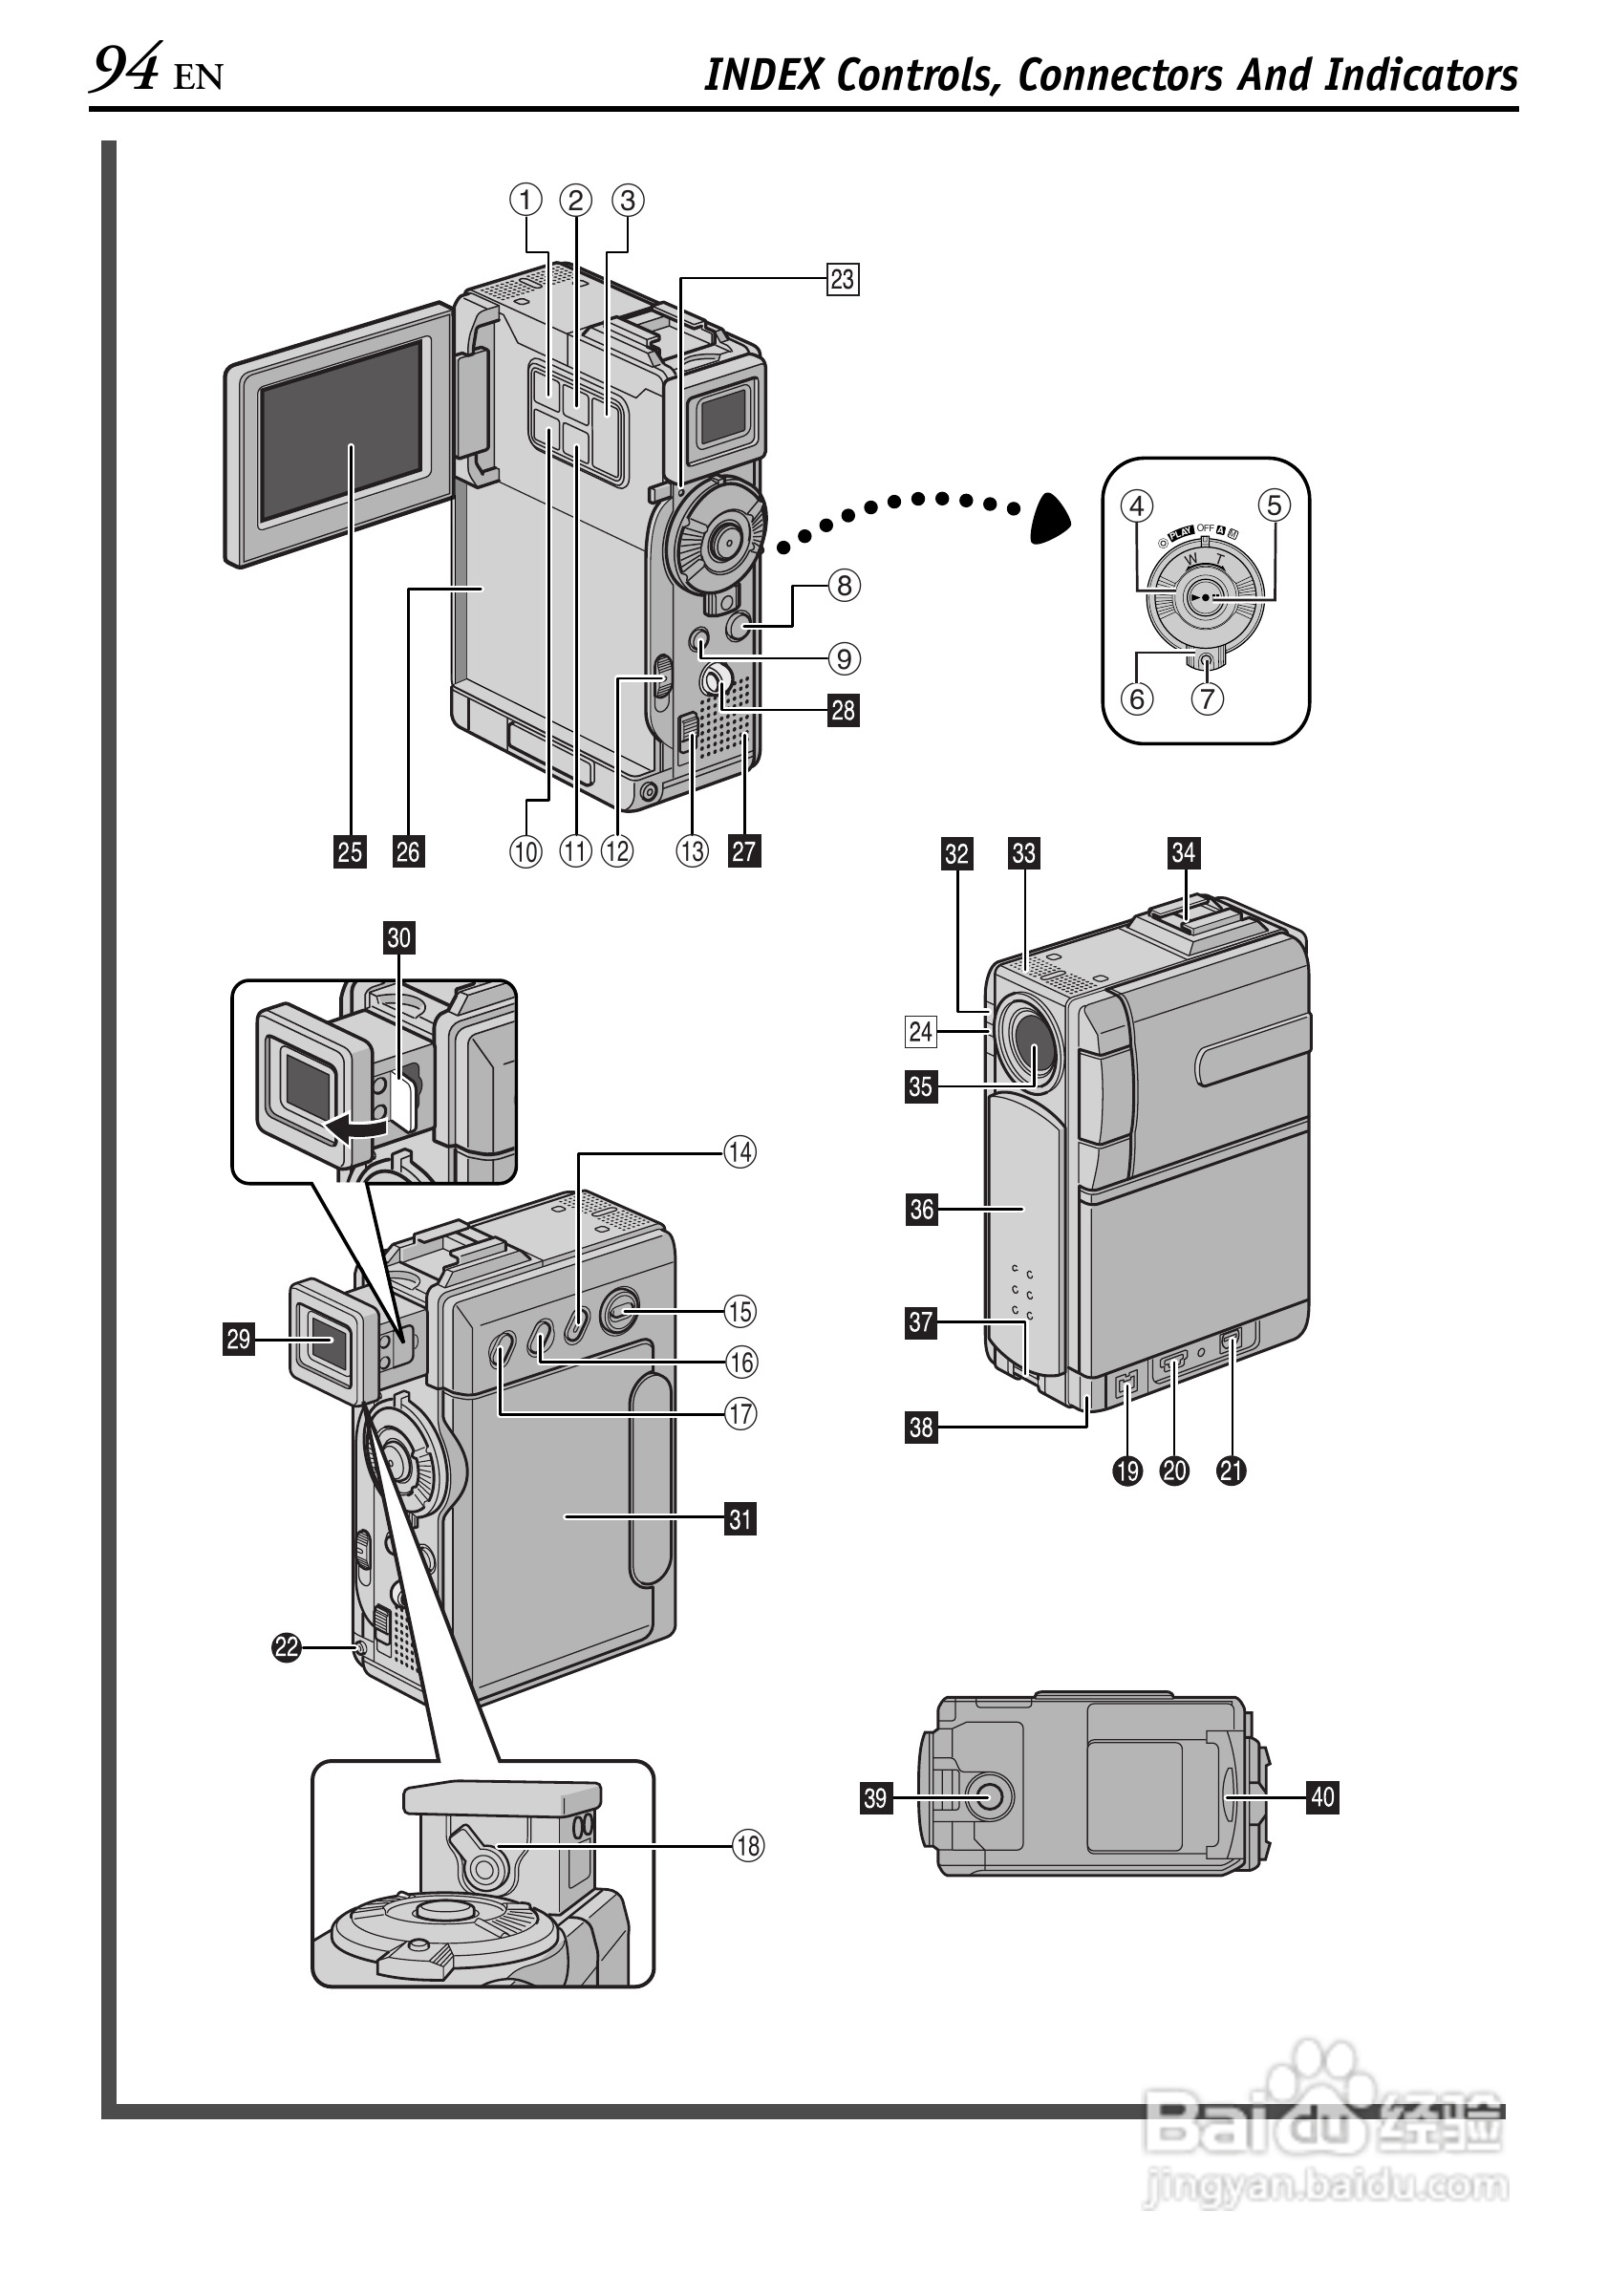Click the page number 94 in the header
click(x=125, y=72)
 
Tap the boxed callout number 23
click(x=842, y=280)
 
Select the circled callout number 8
click(x=844, y=586)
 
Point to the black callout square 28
click(x=843, y=711)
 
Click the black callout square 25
click(x=350, y=851)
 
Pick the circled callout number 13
click(x=692, y=850)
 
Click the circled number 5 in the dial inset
click(x=1274, y=505)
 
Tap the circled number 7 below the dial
click(x=1207, y=698)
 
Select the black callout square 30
click(x=398, y=937)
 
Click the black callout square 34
click(x=1183, y=852)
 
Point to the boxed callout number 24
click(x=920, y=1032)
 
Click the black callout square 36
click(x=921, y=1210)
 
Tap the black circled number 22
click(x=287, y=1647)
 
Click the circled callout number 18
click(x=747, y=1845)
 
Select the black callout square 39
click(x=875, y=1797)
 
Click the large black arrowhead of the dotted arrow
click(x=1051, y=518)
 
